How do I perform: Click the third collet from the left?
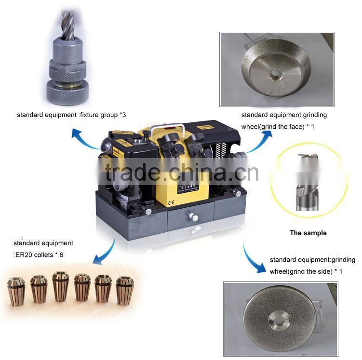[60, 286]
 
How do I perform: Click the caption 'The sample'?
[308, 233]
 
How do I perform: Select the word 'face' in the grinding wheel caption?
[292, 126]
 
